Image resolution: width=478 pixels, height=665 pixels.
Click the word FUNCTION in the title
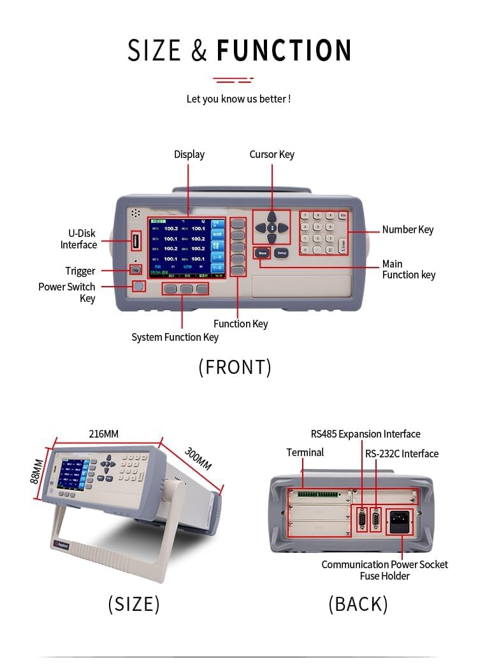(284, 50)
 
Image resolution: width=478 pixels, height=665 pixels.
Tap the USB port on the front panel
(136, 241)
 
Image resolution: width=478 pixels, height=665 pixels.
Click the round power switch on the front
(138, 286)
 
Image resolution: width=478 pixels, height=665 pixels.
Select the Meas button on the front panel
(262, 253)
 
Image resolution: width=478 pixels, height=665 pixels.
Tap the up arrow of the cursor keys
(272, 216)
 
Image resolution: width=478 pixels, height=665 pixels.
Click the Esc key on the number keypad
(343, 216)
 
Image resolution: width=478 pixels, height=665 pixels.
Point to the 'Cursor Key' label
(272, 154)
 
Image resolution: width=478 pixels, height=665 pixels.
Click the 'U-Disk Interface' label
(79, 239)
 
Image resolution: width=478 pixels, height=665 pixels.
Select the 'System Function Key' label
(175, 337)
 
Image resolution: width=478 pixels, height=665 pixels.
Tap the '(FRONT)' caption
(235, 367)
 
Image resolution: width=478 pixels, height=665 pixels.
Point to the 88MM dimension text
(38, 471)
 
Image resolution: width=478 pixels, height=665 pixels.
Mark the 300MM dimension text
(198, 459)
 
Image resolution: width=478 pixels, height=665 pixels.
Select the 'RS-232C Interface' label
(402, 454)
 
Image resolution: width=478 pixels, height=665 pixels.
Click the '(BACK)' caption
(358, 604)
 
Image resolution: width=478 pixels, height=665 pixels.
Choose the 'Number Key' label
(408, 229)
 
